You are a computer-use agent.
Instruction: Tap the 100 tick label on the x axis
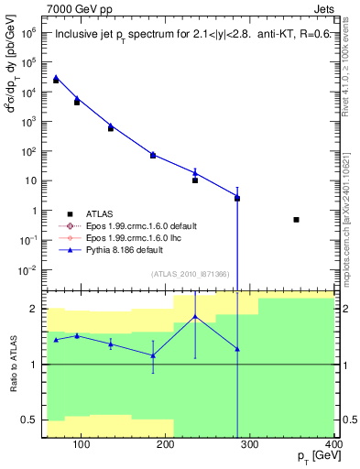81,444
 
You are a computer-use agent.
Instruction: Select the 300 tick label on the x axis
249,444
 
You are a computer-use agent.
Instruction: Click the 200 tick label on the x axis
165,444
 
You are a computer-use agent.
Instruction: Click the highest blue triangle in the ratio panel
195,317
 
